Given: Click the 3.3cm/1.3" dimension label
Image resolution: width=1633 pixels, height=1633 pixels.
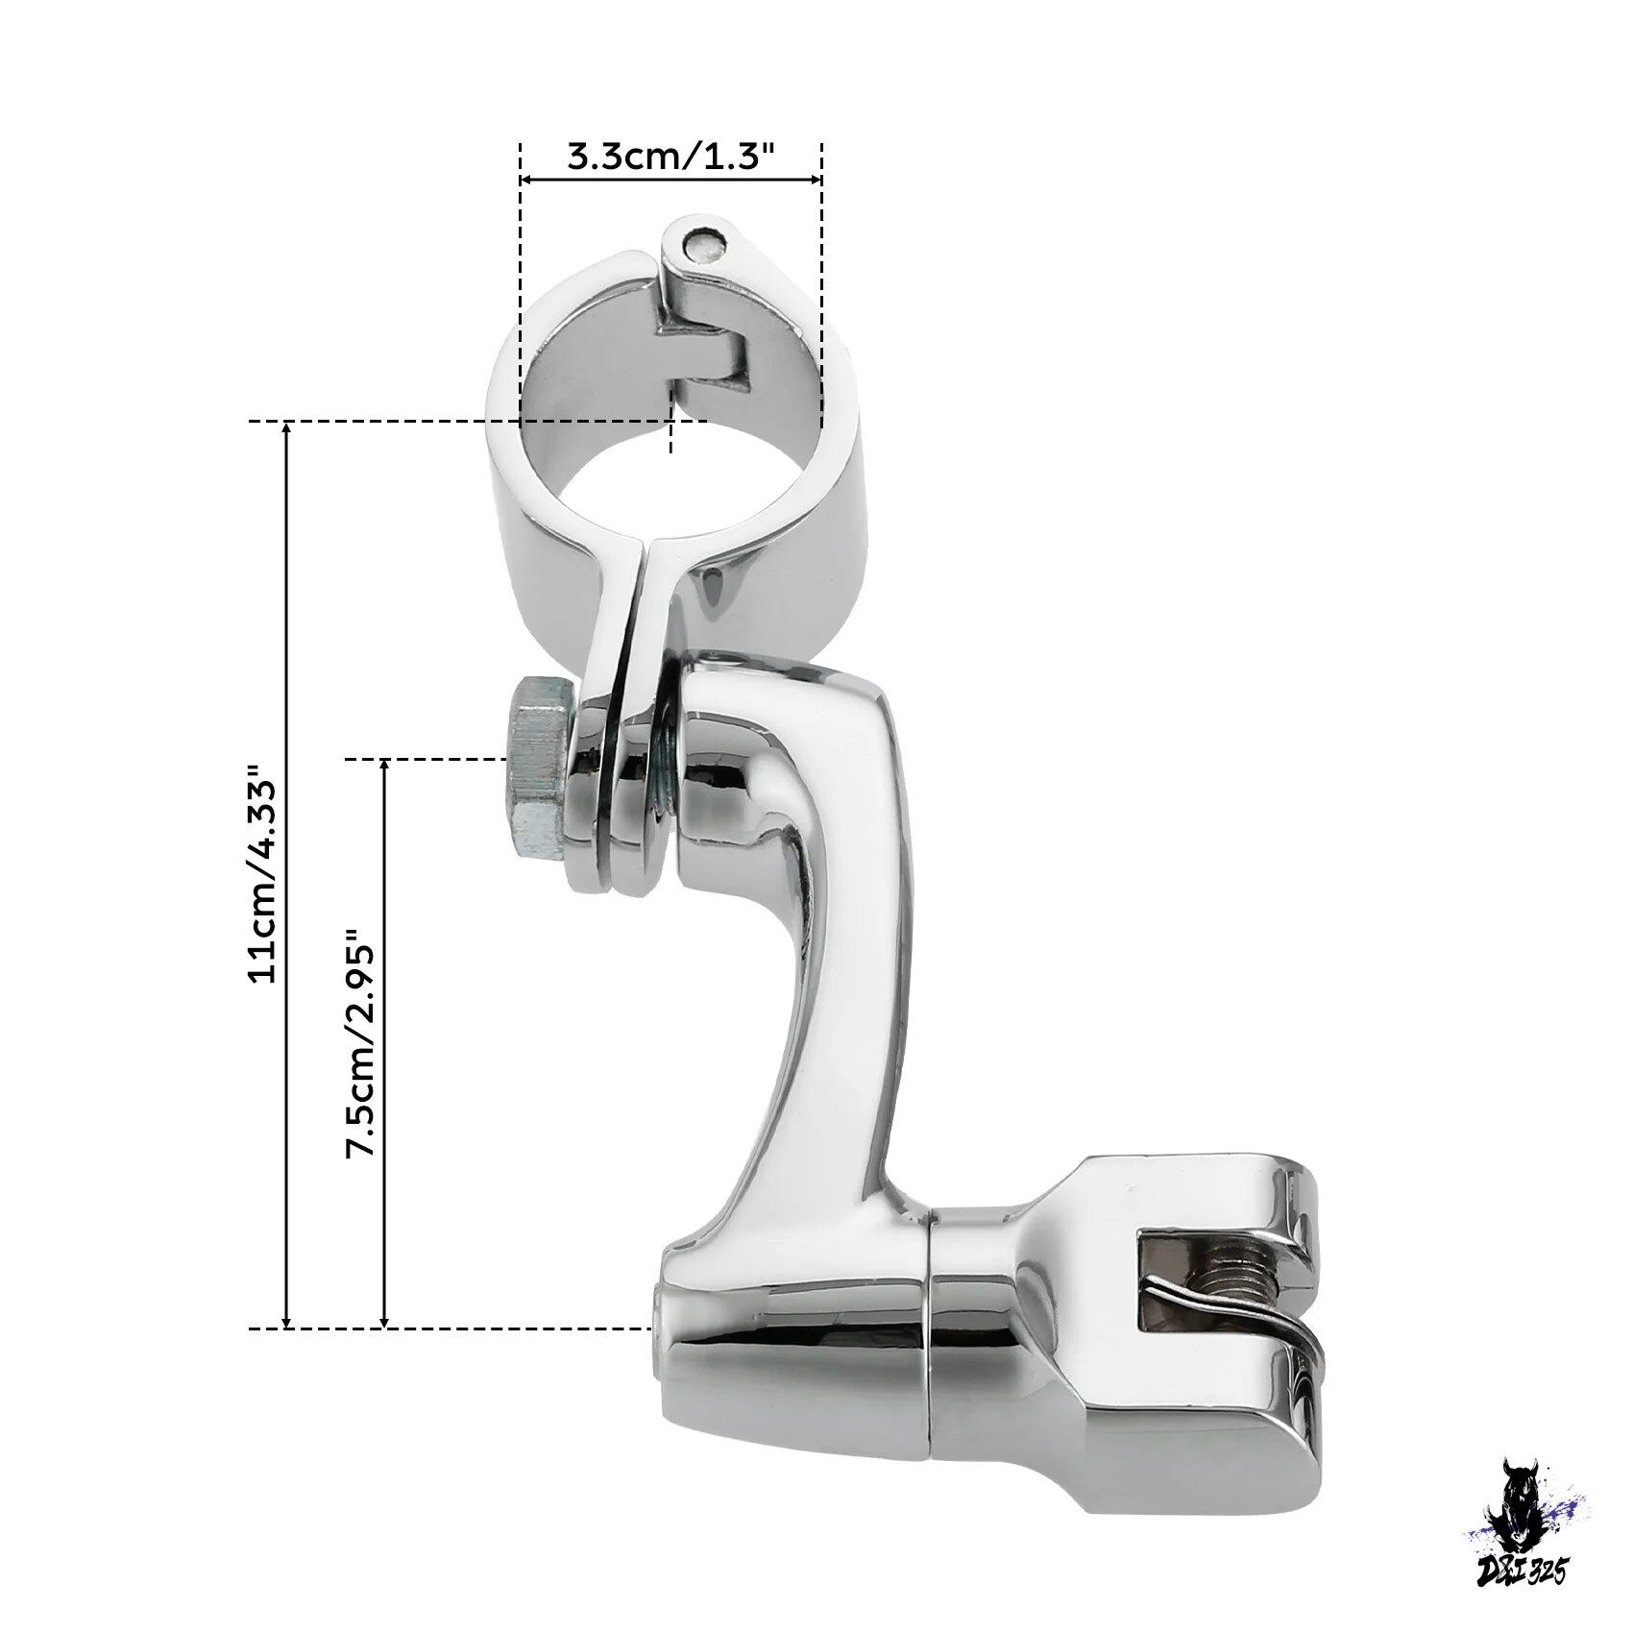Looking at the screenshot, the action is [x=670, y=156].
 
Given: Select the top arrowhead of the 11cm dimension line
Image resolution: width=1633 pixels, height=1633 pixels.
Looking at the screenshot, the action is [x=286, y=429].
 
